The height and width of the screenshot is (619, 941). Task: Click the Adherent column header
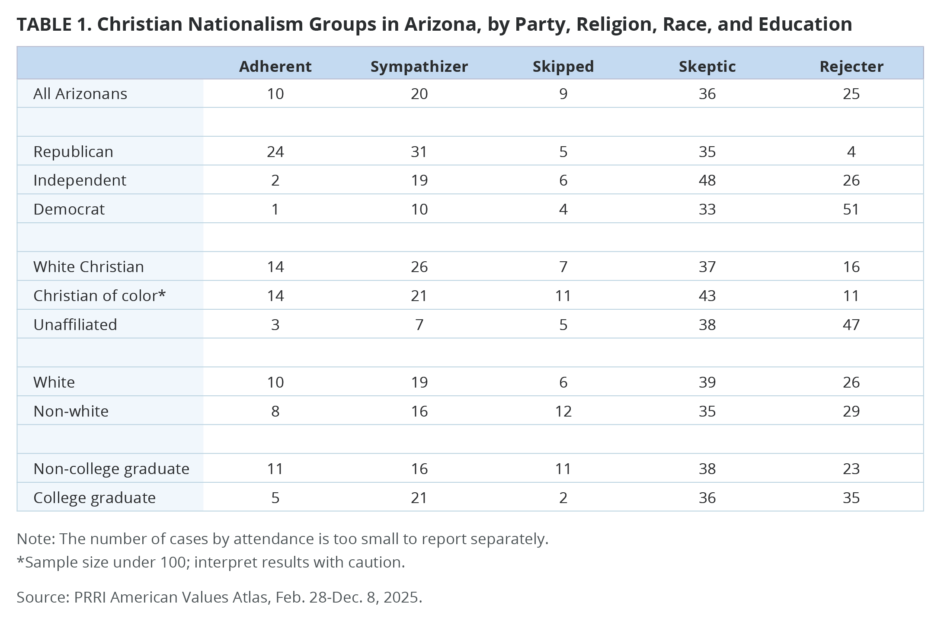[275, 66]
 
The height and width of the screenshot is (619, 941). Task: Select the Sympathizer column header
[419, 66]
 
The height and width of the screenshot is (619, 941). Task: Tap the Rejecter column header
[851, 66]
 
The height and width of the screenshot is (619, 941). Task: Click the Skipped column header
[563, 66]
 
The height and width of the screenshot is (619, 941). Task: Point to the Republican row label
[73, 151]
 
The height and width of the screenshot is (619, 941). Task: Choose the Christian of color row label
[99, 295]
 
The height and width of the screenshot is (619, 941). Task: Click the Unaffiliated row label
[75, 324]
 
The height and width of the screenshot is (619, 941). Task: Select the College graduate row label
[94, 497]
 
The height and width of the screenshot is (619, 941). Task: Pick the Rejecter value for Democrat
[851, 209]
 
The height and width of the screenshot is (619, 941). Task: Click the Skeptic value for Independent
[707, 180]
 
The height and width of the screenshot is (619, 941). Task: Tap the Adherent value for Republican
[275, 151]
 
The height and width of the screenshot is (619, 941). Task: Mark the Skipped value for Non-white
[563, 411]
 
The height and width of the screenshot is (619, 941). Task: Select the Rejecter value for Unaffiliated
[851, 324]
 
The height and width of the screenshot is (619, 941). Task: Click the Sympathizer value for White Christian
[419, 266]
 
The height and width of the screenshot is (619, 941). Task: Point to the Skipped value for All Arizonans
[563, 93]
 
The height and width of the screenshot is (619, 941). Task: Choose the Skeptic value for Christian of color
[707, 295]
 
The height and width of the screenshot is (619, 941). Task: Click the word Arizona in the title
[442, 24]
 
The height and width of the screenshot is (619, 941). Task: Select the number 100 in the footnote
[175, 562]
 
